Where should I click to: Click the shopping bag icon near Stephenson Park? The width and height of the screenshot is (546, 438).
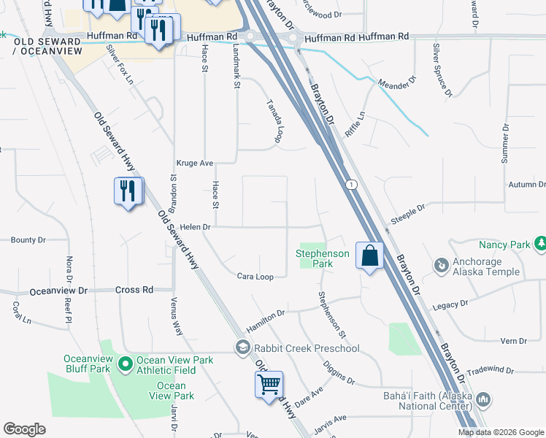370,255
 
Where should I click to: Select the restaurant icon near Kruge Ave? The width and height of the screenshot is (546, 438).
128,191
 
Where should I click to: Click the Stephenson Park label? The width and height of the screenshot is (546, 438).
323,258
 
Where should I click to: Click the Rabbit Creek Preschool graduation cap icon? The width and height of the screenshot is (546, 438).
242,347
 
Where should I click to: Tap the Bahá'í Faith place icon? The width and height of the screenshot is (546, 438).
482,400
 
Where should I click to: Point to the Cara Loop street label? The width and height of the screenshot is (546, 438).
255,277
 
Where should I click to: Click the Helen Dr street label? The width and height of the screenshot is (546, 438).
195,227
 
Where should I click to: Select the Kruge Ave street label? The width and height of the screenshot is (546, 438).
194,164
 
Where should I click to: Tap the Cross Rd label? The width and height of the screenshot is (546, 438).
134,290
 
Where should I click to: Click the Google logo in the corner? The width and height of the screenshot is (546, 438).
24,429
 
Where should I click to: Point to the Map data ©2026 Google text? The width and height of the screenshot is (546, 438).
501,432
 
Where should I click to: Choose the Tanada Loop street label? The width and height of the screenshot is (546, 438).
273,120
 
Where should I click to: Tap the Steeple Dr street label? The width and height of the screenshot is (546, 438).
407,210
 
